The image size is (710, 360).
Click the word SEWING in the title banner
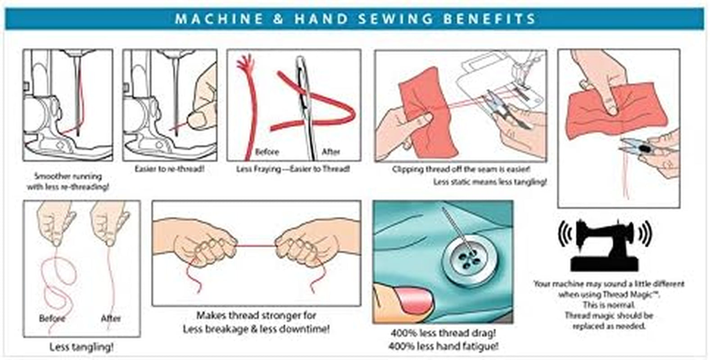[395, 19]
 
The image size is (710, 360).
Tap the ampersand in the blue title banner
[278, 19]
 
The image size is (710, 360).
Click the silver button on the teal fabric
[470, 261]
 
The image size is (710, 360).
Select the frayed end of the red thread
[245, 63]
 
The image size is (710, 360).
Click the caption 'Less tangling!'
[81, 347]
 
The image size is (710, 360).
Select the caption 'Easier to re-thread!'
[170, 169]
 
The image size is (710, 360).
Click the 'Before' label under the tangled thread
[52, 318]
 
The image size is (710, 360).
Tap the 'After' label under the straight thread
[111, 318]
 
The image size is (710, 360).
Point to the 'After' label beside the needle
[331, 152]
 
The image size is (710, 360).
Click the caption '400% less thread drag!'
[443, 333]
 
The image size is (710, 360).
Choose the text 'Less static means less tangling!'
[490, 182]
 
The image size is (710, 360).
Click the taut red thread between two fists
[256, 246]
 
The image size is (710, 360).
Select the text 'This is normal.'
[609, 305]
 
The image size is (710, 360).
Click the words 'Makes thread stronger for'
[256, 315]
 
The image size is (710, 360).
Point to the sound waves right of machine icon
[646, 234]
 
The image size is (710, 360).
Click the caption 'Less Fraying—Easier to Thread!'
[293, 169]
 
